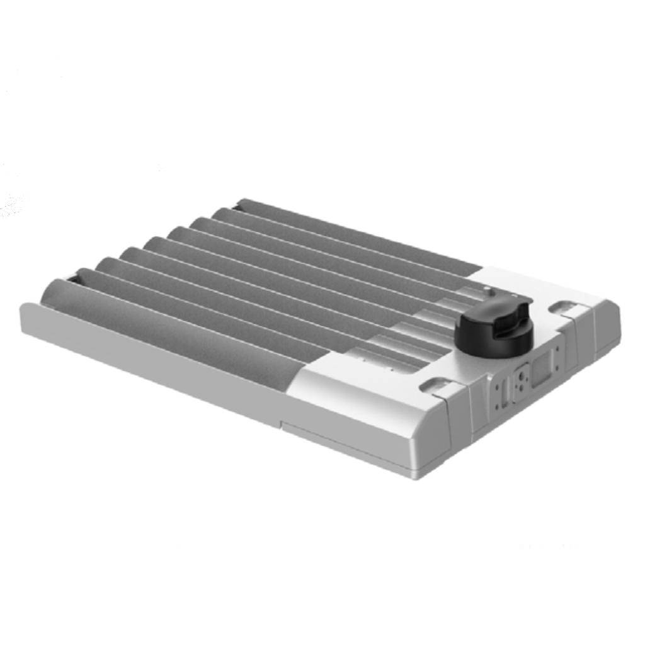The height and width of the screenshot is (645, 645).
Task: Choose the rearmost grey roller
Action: [x=353, y=233]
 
